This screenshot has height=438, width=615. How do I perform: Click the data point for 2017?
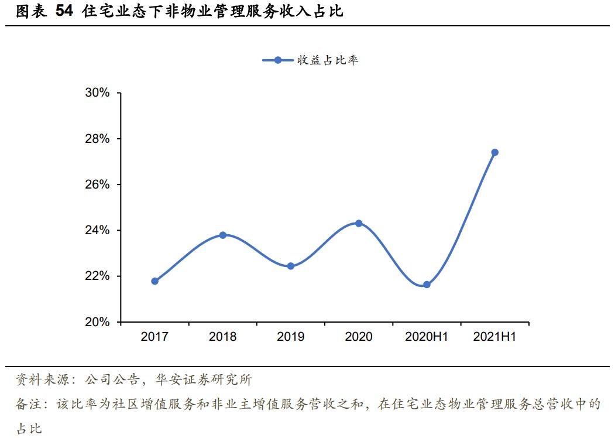click(x=154, y=281)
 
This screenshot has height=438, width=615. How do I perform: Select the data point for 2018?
click(x=223, y=235)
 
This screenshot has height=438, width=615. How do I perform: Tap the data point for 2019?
click(x=291, y=266)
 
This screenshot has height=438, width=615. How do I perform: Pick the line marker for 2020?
click(x=359, y=223)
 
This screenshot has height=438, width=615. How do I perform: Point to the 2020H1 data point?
click(x=427, y=285)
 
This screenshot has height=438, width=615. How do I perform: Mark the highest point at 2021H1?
click(x=494, y=152)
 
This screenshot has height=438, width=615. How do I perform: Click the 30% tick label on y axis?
click(x=97, y=93)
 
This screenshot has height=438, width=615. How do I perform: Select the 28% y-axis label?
click(x=97, y=139)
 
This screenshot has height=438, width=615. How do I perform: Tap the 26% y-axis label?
click(x=97, y=184)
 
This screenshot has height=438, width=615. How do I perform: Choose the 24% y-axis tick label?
click(x=97, y=230)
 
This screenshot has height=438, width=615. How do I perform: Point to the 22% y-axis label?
click(x=97, y=276)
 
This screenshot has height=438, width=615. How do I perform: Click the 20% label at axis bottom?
click(x=97, y=322)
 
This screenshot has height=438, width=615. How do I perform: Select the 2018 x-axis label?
click(x=223, y=337)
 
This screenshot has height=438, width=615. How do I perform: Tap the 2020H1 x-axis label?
click(x=427, y=337)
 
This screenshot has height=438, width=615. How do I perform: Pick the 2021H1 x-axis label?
click(x=494, y=337)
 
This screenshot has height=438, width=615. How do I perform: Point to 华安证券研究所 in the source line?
click(x=203, y=381)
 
